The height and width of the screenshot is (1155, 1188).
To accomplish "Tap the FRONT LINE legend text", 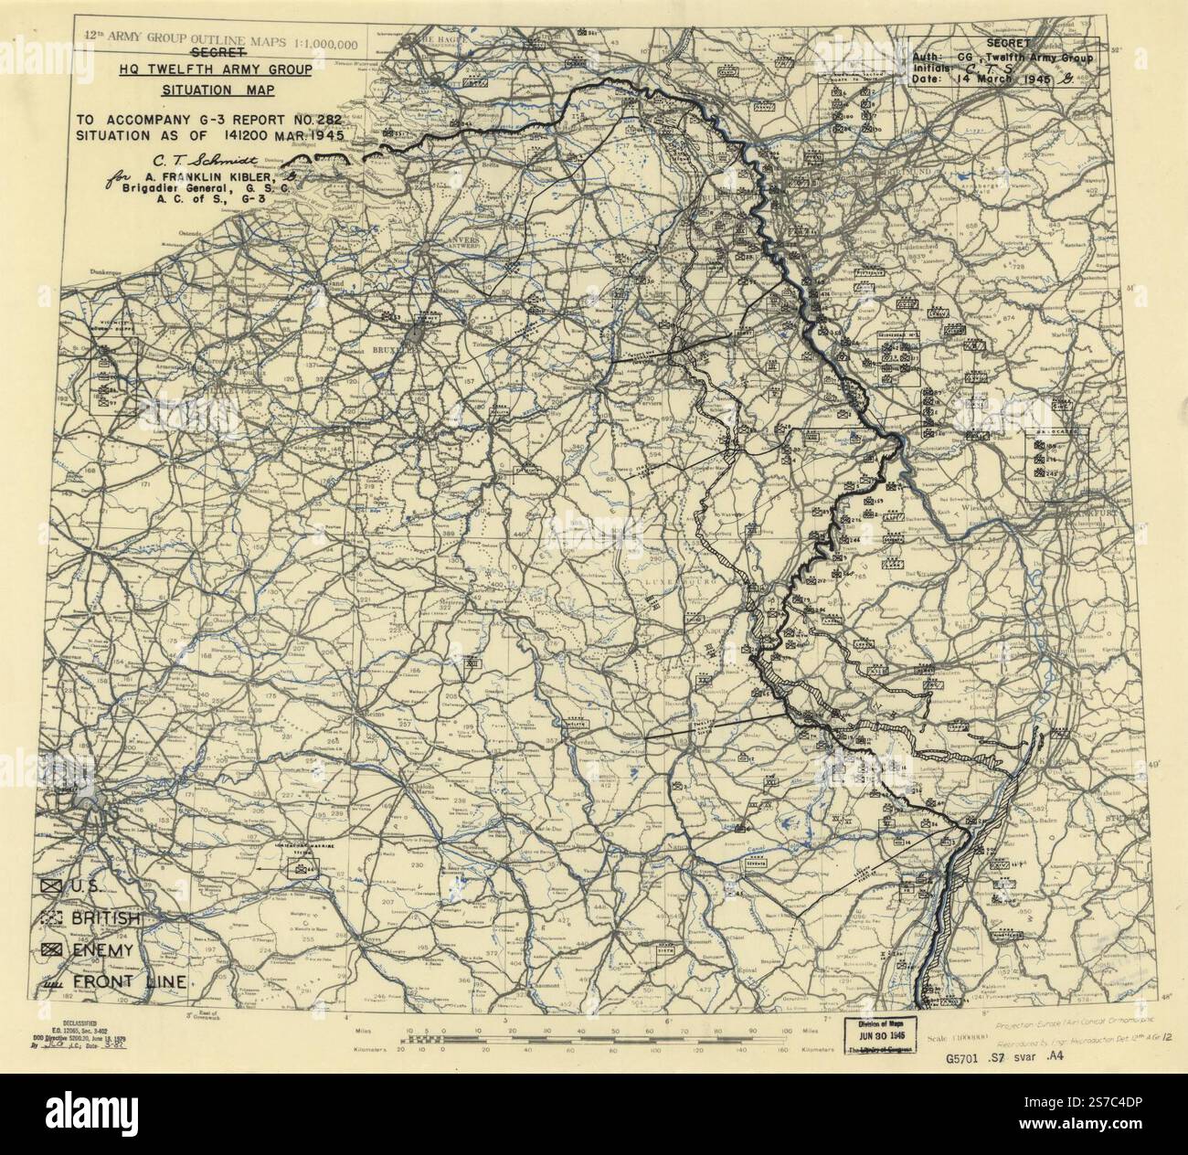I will (133, 982).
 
